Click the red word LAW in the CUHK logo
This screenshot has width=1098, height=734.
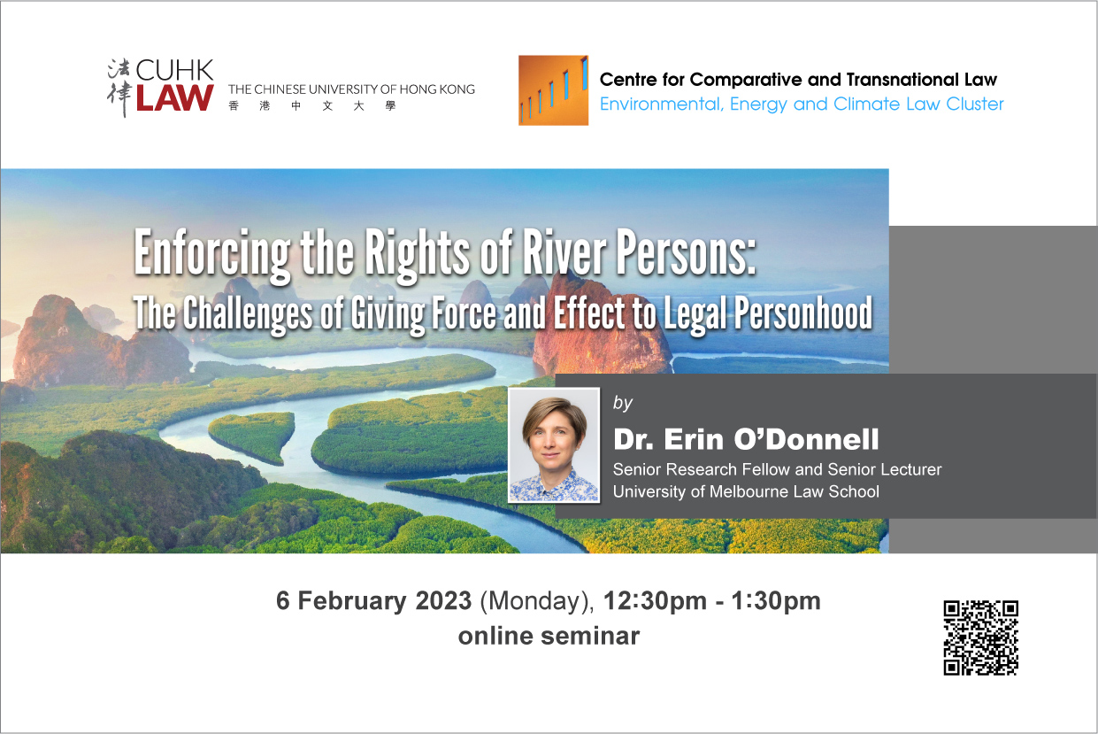(x=175, y=97)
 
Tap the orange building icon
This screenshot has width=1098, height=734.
(x=553, y=90)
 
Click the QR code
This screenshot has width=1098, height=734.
(x=981, y=637)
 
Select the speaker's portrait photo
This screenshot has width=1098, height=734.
(x=554, y=445)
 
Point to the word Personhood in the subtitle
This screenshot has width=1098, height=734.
(x=802, y=314)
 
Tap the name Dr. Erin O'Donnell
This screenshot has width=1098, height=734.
(x=746, y=439)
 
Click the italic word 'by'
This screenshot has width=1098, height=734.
(x=623, y=404)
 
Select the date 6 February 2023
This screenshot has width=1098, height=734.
(x=373, y=600)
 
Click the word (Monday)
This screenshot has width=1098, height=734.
(x=537, y=601)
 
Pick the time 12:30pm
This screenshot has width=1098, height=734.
(x=656, y=601)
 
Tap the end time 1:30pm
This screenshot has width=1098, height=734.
(x=776, y=601)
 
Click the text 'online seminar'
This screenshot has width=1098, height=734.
(x=549, y=636)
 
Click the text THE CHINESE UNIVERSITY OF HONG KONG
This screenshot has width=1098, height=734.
(x=351, y=89)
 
